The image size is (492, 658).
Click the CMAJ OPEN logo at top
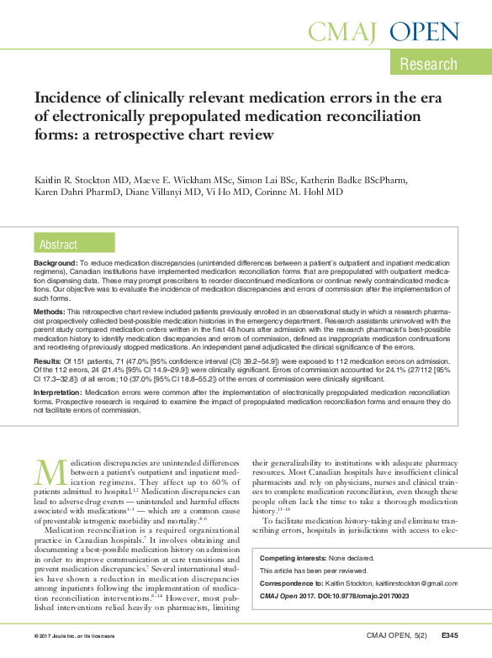384,32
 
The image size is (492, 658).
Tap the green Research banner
428,65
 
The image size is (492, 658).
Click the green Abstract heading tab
58,245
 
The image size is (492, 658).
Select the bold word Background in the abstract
56,263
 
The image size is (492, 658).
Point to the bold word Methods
49,311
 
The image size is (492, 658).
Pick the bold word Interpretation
60,392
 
